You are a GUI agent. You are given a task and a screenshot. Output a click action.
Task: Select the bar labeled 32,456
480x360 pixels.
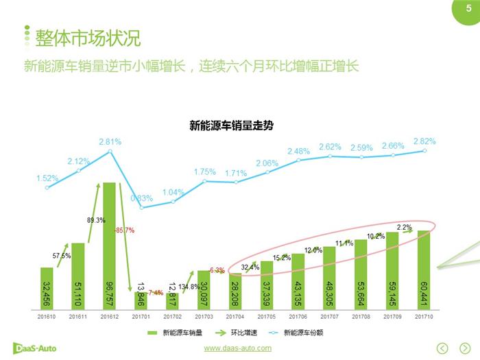[47, 288]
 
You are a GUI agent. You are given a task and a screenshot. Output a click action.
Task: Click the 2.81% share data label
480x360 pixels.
[110, 142]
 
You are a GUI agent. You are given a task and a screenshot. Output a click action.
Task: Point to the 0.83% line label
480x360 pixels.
[142, 198]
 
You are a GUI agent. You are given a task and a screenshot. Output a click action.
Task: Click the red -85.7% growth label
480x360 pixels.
[124, 230]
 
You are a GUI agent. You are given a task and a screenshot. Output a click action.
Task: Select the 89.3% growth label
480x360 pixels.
[95, 220]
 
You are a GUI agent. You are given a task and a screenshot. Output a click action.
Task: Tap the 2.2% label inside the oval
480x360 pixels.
[404, 227]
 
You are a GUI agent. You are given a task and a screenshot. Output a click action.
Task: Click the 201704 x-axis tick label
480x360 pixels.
[235, 317]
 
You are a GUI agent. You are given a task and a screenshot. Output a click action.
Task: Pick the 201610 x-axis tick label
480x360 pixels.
[47, 317]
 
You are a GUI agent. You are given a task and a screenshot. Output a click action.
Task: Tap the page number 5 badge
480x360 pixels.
[468, 8]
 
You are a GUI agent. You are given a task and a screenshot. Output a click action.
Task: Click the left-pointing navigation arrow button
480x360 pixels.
[444, 347]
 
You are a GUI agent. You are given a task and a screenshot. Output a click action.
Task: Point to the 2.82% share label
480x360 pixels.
[424, 141]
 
